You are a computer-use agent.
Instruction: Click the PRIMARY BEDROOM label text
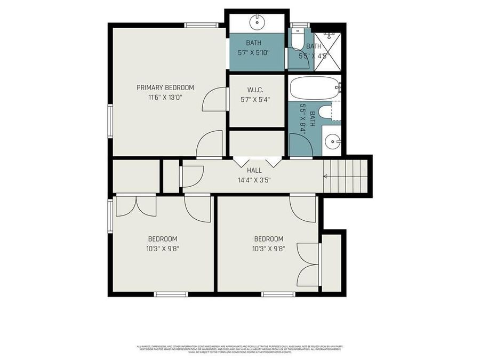[165, 87]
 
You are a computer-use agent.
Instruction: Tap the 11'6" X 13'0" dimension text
[165, 98]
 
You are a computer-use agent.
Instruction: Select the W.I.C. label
[255, 90]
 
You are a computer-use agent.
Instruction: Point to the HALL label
[254, 170]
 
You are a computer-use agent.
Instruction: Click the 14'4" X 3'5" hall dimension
[254, 180]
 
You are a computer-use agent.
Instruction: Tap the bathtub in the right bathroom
[314, 87]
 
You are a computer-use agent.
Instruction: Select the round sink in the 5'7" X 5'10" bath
[258, 23]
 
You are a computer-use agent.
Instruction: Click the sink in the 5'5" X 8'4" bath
[333, 141]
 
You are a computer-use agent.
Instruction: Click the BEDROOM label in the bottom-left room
[162, 239]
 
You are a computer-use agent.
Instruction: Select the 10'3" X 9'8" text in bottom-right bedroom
[268, 248]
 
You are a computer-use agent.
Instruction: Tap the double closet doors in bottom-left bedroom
[135, 206]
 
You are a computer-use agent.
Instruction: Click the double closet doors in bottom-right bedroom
[308, 264]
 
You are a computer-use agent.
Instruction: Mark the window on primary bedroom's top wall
[202, 25]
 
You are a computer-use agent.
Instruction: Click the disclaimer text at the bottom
[240, 349]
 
